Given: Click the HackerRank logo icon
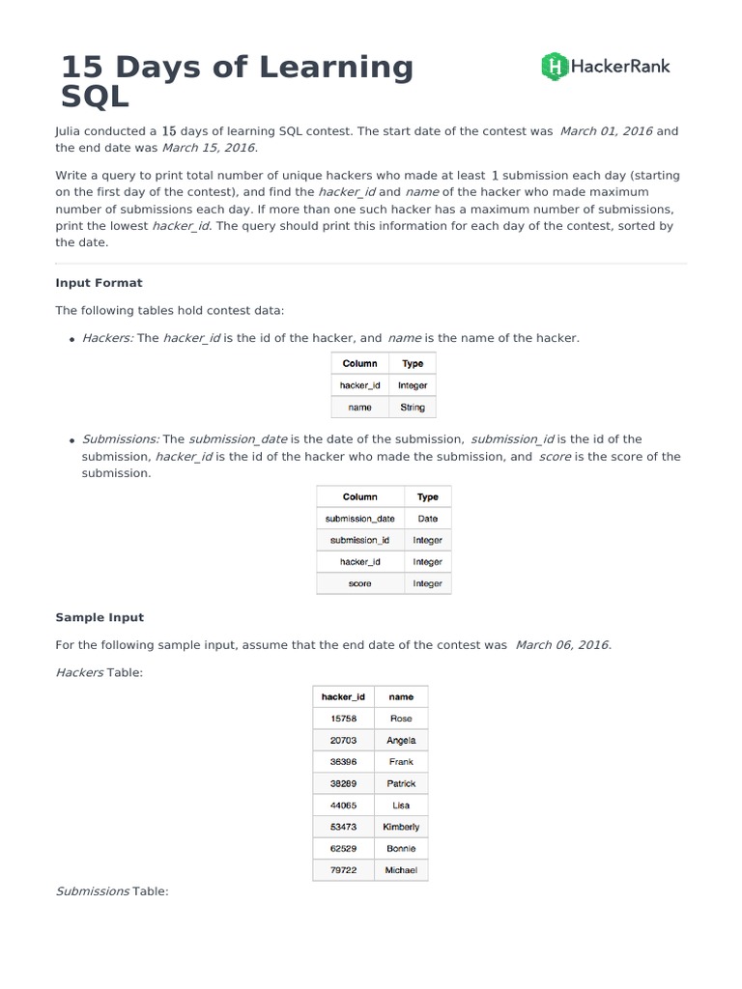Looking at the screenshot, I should click(x=555, y=66).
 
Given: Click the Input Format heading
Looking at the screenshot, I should click(x=99, y=283).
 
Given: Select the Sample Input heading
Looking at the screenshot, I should click(x=100, y=617).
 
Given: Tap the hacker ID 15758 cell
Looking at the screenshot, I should click(x=343, y=719).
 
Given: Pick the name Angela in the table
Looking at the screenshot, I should click(x=401, y=740).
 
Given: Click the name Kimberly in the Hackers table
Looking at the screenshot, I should click(x=401, y=827).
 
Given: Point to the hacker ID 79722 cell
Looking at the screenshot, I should click(x=343, y=870).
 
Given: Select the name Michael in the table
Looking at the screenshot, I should click(x=401, y=870).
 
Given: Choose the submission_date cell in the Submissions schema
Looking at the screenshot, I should click(x=359, y=519).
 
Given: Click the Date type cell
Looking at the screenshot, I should click(x=427, y=519).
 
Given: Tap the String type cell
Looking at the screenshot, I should click(x=413, y=408).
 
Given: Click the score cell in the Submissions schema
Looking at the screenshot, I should click(x=359, y=583).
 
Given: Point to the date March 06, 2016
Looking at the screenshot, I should click(x=562, y=644).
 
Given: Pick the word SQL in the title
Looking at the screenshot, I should click(x=94, y=97).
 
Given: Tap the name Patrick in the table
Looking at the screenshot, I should click(x=401, y=783).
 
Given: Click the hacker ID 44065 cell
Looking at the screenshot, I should click(x=343, y=805).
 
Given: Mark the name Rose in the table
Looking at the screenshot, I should click(x=401, y=719).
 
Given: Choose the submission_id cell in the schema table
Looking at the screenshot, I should click(x=359, y=540).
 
